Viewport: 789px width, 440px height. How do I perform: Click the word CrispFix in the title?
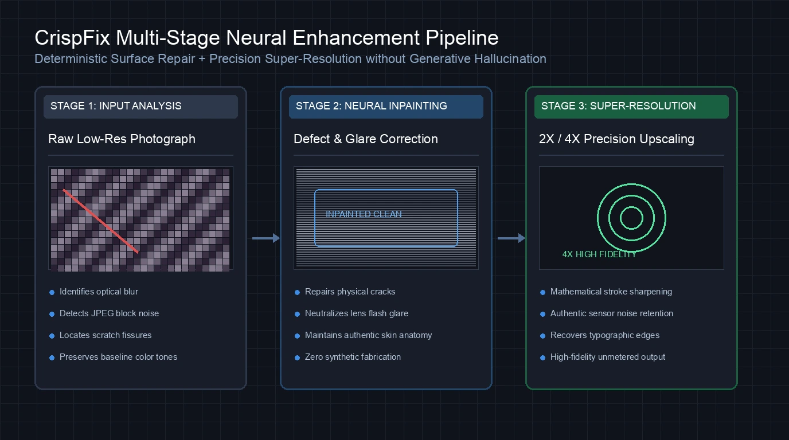tap(72, 38)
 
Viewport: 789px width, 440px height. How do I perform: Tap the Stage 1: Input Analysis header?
tap(140, 107)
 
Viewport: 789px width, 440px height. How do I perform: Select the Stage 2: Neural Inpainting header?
tap(386, 107)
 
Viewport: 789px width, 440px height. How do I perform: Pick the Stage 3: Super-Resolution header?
tap(631, 107)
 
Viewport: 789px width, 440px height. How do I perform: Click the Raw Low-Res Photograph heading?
tap(122, 139)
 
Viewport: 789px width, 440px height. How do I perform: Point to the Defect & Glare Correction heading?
tap(366, 139)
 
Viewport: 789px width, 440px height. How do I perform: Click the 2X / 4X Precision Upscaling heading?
tap(616, 139)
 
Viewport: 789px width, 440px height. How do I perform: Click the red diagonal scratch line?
tap(101, 221)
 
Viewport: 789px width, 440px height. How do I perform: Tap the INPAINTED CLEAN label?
tap(364, 214)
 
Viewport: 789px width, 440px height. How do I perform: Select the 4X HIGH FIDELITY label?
tap(599, 254)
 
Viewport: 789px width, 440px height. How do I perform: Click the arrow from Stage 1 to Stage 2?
tap(266, 238)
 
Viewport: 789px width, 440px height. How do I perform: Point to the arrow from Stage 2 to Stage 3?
tap(511, 238)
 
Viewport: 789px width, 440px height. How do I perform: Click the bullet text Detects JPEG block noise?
tap(109, 313)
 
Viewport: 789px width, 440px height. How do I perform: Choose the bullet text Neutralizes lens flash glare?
tap(357, 313)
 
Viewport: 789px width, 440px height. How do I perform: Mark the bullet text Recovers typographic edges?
tap(605, 335)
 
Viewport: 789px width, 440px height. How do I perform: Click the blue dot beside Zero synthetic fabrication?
tap(297, 357)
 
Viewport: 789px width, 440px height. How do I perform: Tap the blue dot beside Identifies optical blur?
tap(52, 293)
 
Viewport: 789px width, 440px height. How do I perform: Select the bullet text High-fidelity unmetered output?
tap(608, 357)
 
